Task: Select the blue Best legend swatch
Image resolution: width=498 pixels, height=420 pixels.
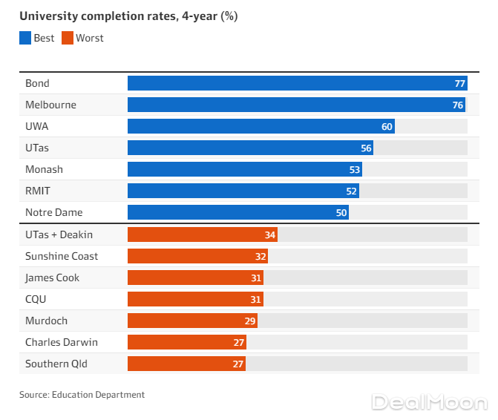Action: (x=25, y=38)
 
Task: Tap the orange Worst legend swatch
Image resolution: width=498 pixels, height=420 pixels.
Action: (x=67, y=38)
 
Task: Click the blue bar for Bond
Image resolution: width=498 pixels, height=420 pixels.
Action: (x=297, y=83)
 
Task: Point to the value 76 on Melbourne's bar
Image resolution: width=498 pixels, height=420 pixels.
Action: (x=458, y=105)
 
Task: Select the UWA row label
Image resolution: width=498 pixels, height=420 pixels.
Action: (x=36, y=126)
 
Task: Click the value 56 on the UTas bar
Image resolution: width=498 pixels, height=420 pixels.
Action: (x=366, y=148)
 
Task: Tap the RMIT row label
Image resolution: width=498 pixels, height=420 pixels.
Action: (x=38, y=191)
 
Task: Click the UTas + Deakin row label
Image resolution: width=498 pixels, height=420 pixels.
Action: (x=59, y=234)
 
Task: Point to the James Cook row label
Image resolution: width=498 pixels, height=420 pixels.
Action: (x=52, y=278)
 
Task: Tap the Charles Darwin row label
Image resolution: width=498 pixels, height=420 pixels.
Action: (x=61, y=342)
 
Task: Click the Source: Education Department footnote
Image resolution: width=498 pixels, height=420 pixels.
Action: (x=82, y=395)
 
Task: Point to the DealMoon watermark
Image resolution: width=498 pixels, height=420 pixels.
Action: (x=430, y=402)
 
